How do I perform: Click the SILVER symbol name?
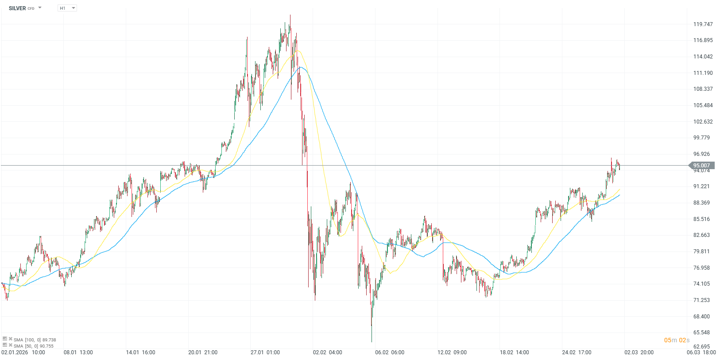(17, 8)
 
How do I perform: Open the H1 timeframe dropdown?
(67, 8)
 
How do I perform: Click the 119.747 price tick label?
(703, 24)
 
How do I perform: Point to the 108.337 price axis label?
(703, 89)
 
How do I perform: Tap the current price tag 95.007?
(701, 166)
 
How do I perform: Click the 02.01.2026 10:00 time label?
(23, 352)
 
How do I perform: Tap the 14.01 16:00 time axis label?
(140, 352)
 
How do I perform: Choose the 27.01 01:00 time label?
(265, 352)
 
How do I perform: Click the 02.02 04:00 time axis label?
(327, 352)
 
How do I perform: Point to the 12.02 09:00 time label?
(452, 352)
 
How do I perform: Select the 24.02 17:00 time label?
(577, 352)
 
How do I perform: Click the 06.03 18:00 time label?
(701, 352)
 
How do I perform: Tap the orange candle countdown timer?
(677, 340)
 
